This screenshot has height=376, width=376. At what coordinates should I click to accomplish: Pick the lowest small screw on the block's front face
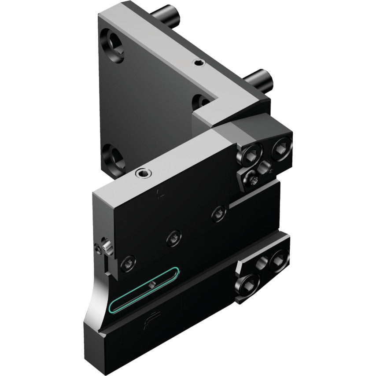click(128, 263)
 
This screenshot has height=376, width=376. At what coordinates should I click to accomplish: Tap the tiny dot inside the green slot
click(151, 286)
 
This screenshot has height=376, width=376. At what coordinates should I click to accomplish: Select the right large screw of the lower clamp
click(278, 258)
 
